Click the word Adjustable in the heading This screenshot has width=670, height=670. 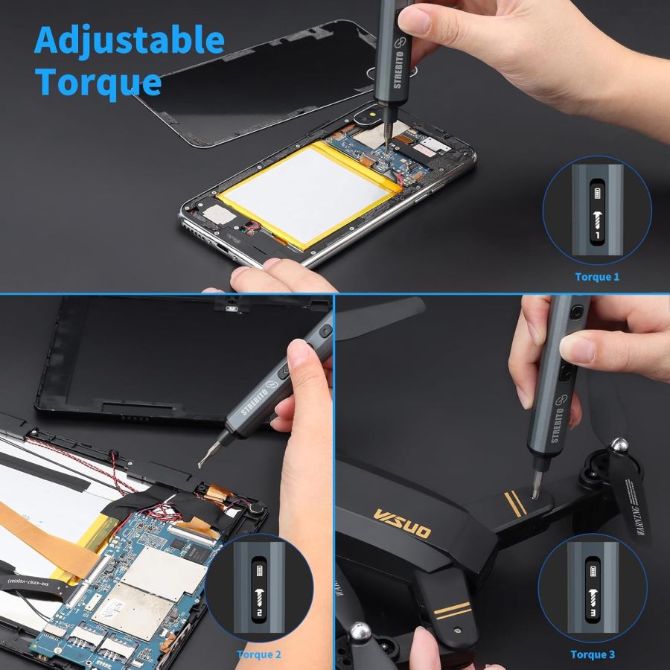coord(129,40)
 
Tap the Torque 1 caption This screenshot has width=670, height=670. coord(596,277)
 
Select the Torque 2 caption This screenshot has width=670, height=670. coord(259,655)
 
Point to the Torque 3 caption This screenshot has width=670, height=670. coord(593,655)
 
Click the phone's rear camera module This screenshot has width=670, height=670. coord(370,115)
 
